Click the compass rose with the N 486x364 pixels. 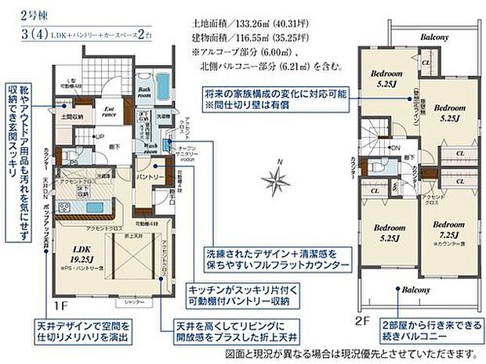tap(277, 181)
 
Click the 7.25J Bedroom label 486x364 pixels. tap(447, 228)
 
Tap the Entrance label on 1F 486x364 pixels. tap(110, 113)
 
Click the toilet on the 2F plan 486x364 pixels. tap(376, 165)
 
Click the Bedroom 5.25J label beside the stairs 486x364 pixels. tap(386, 79)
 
